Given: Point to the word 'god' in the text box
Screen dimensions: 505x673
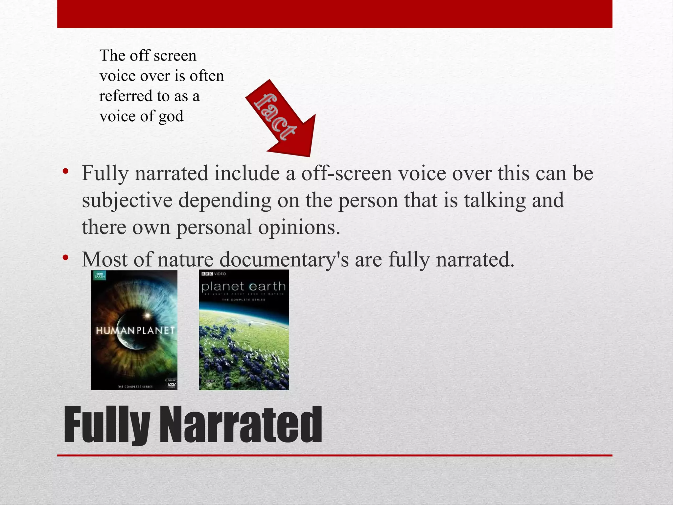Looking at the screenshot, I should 171,116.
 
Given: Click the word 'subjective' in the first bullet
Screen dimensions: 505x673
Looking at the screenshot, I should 127,200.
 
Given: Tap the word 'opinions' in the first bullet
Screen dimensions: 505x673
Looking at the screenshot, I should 299,227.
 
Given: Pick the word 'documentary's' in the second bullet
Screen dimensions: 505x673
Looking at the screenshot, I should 284,259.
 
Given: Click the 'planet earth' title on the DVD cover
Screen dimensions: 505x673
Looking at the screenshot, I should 244,287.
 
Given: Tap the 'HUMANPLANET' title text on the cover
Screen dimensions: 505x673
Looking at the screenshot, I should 135,330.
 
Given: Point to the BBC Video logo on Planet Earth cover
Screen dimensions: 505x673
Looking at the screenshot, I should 214,274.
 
